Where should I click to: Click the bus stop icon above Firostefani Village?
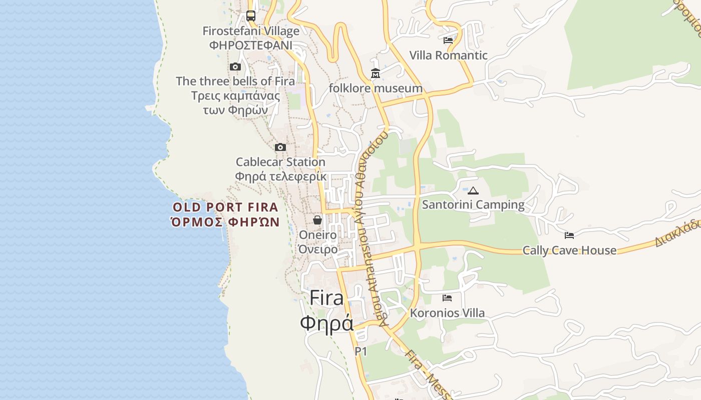click(251, 16)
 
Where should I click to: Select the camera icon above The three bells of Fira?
click(235, 66)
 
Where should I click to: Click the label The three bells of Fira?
click(235, 81)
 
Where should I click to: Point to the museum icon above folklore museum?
click(376, 73)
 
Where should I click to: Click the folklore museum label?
click(376, 88)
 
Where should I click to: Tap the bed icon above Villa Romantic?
click(448, 40)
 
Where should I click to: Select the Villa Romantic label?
click(448, 55)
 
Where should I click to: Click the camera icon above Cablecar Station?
click(280, 147)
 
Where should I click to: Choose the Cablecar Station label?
click(280, 162)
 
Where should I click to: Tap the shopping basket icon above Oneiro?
click(317, 220)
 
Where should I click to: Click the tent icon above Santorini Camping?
click(473, 190)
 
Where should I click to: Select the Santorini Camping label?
click(473, 204)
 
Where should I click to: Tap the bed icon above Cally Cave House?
click(569, 235)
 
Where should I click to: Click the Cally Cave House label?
click(569, 250)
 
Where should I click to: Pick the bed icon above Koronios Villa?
click(447, 298)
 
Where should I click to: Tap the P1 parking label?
click(361, 351)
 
